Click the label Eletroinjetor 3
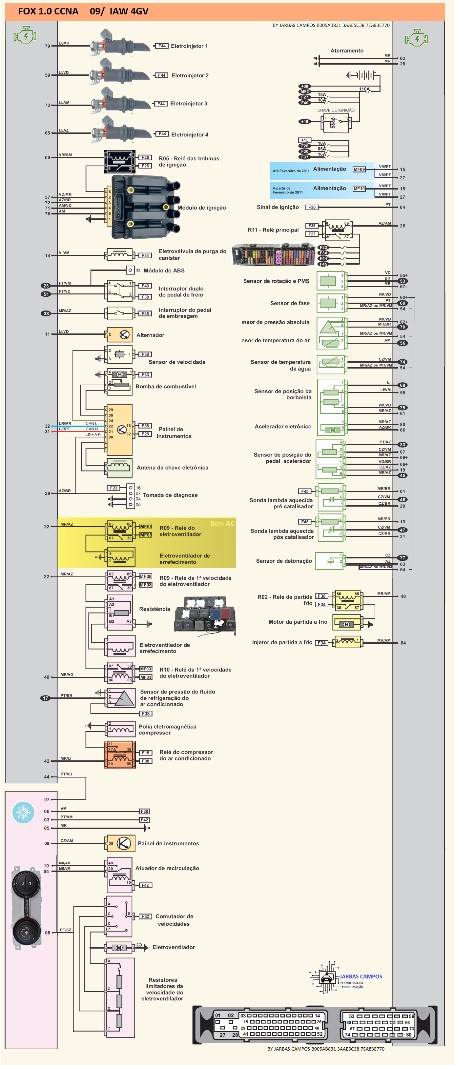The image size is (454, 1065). click(x=189, y=104)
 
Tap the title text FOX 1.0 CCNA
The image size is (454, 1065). click(x=48, y=11)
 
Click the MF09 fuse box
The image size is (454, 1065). click(x=359, y=170)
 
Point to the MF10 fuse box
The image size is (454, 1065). click(x=359, y=189)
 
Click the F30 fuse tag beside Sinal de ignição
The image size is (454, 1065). click(x=312, y=208)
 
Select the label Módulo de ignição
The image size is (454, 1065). click(x=201, y=208)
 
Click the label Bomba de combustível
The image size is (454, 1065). click(x=165, y=387)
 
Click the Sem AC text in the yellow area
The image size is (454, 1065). click(x=222, y=523)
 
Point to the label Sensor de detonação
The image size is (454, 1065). click(x=284, y=561)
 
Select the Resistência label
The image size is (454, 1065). click(x=154, y=609)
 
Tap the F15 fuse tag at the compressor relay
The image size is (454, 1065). click(x=146, y=753)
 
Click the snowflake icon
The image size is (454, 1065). click(x=23, y=813)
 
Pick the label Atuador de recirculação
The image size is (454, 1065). click(x=167, y=868)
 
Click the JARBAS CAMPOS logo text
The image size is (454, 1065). click(x=361, y=976)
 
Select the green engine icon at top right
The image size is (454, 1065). click(x=416, y=38)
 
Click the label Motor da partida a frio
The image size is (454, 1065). click(x=298, y=622)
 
